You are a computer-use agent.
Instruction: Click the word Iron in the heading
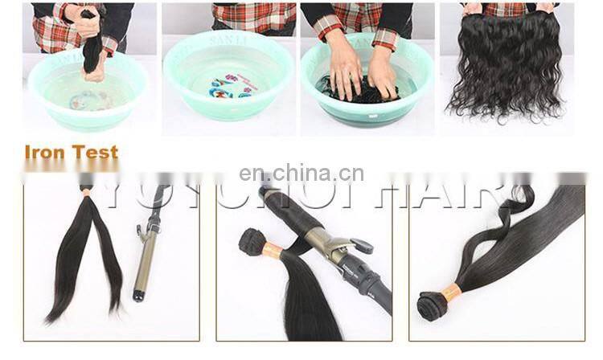pyautogui.click(x=47, y=152)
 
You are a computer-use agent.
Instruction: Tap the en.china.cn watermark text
pyautogui.click(x=301, y=174)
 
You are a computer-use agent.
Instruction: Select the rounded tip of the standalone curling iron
pyautogui.click(x=138, y=296)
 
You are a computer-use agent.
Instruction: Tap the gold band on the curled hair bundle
pyautogui.click(x=450, y=293)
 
